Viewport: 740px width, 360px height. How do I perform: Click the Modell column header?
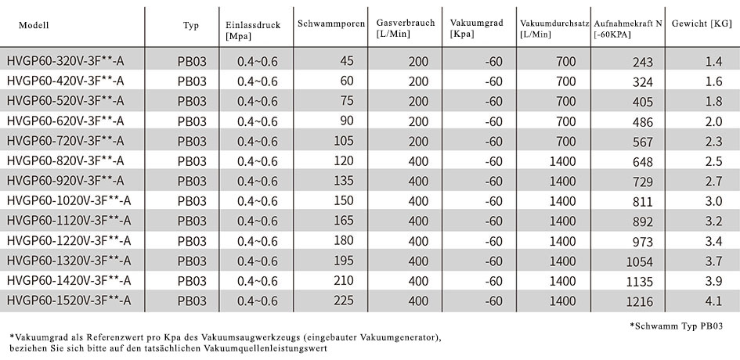pos(34,26)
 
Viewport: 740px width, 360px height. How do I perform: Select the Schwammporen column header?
pos(330,24)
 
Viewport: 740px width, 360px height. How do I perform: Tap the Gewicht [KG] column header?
pos(702,23)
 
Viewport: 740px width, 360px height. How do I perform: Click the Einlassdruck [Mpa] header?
pos(253,31)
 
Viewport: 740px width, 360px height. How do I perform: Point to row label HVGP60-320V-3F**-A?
pos(66,61)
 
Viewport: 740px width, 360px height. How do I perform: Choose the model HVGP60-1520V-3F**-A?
pos(69,301)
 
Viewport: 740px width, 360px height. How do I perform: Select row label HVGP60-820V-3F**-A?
pos(66,161)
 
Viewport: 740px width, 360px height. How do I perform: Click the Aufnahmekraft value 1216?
pos(640,301)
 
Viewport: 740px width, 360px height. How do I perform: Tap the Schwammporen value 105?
pos(343,141)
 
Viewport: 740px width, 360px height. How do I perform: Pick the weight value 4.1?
pos(713,301)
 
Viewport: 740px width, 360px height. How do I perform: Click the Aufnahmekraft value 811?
pos(643,202)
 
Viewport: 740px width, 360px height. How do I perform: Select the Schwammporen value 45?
pos(346,61)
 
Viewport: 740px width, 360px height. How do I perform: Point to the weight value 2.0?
pos(713,121)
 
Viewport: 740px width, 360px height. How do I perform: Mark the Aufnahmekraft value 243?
pos(643,62)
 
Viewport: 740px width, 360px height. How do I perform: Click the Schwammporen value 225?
pos(343,301)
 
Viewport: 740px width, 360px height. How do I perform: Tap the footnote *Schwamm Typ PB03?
pos(677,326)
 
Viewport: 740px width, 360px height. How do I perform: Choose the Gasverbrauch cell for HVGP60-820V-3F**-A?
pos(418,161)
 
